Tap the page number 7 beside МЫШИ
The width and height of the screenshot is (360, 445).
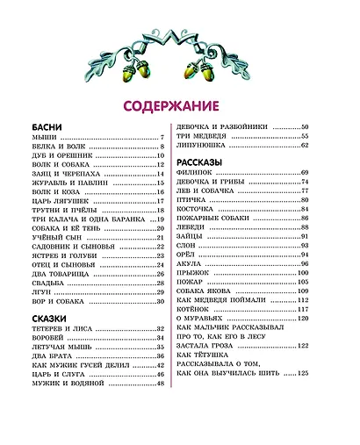pyautogui.click(x=163, y=138)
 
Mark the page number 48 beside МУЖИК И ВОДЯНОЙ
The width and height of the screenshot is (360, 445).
pyautogui.click(x=161, y=384)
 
